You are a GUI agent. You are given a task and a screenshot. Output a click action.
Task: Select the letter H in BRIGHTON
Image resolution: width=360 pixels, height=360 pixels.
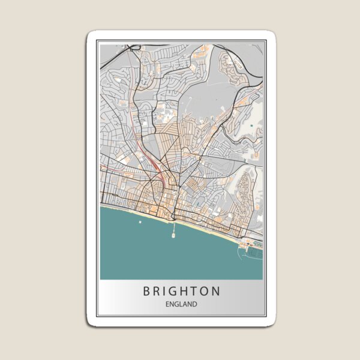184,292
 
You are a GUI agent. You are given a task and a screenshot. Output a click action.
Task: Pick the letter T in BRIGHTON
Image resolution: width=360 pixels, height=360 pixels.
194,292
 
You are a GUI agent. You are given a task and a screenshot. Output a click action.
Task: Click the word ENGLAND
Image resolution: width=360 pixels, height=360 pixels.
181,305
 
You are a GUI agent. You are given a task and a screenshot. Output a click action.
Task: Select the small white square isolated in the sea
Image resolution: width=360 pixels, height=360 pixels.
140,222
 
